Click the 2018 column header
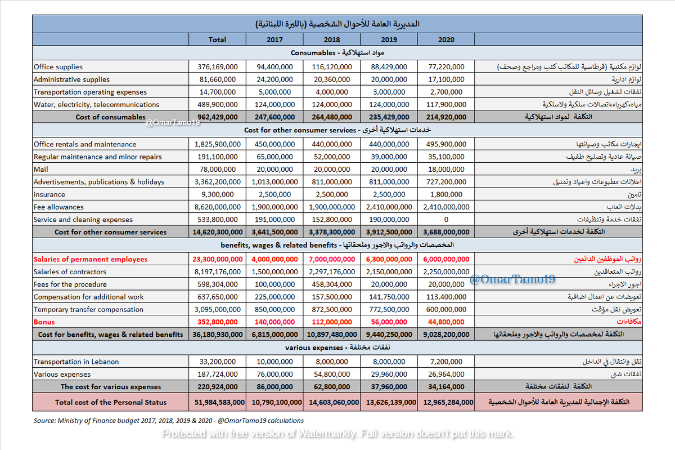click(331, 39)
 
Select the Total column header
click(217, 39)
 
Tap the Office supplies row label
click(58, 67)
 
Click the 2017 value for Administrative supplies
click(274, 79)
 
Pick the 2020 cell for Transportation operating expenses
click(446, 92)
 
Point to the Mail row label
click(41, 170)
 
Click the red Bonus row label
click(44, 322)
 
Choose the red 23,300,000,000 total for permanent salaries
click(217, 259)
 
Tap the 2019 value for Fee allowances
click(389, 207)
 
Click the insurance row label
click(49, 194)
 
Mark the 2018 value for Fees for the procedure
click(331, 284)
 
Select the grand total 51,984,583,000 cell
click(217, 402)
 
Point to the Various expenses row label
click(62, 374)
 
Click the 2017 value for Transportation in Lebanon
click(274, 362)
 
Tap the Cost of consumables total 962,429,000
click(217, 117)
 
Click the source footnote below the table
click(169, 420)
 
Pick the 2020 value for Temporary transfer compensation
click(446, 309)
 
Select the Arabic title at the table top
click(337, 24)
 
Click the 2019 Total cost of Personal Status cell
click(389, 402)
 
